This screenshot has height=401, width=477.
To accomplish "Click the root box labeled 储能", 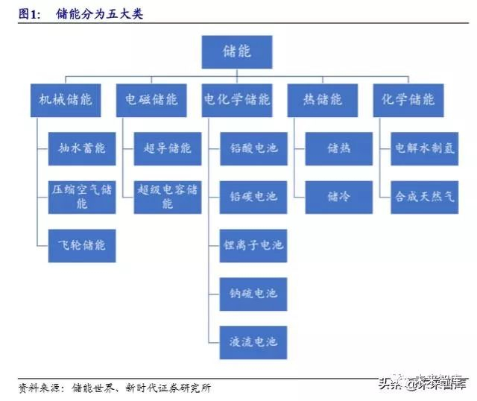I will (237, 52).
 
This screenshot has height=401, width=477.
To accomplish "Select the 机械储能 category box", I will (66, 100).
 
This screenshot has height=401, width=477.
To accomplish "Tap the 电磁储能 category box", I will (151, 100).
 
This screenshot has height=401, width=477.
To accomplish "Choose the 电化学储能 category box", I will (237, 100).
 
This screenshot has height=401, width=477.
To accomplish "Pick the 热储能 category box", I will (323, 100).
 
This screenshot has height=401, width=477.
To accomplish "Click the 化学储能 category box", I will (408, 100).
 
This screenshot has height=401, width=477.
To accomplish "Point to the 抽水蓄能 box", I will (82, 148).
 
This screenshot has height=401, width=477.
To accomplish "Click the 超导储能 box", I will (168, 148).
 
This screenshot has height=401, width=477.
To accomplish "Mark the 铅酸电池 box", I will (253, 148).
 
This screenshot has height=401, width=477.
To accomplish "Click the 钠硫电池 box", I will (253, 294).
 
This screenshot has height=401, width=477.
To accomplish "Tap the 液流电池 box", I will (253, 342).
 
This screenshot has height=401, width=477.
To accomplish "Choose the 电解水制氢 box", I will (425, 148).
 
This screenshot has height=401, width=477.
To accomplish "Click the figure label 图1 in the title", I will (28, 13).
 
